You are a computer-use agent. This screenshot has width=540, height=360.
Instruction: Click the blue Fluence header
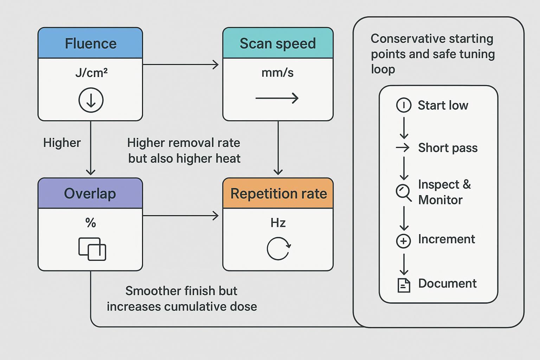tap(90, 44)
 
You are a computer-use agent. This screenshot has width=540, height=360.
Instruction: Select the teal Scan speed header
tap(278, 44)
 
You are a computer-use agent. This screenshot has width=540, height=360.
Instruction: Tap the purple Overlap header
tap(90, 194)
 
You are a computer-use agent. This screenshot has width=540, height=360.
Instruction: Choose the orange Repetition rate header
tap(278, 194)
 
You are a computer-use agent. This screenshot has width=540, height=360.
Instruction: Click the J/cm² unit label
tap(91, 73)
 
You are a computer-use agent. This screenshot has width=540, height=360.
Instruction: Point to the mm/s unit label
tap(277, 73)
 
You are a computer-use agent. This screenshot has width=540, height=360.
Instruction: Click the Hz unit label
tap(278, 223)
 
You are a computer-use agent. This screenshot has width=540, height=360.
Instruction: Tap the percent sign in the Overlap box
tap(90, 223)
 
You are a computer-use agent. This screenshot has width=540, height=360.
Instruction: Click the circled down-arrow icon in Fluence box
tap(91, 100)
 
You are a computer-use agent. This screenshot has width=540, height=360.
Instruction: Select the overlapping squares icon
tap(92, 249)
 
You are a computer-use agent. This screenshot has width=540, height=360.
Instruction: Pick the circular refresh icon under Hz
tap(278, 249)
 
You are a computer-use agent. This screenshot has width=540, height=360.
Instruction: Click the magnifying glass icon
tap(403, 192)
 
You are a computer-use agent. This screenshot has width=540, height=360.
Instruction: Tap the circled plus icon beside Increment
tap(403, 241)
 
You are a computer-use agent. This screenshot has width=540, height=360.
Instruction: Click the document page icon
tap(404, 285)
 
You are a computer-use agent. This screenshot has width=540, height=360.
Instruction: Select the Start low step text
tap(443, 105)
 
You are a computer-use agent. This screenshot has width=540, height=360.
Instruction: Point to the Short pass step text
tap(448, 148)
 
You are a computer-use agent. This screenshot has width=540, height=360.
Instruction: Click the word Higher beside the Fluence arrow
tap(62, 143)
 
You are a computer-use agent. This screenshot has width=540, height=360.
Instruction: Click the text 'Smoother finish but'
tap(181, 291)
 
